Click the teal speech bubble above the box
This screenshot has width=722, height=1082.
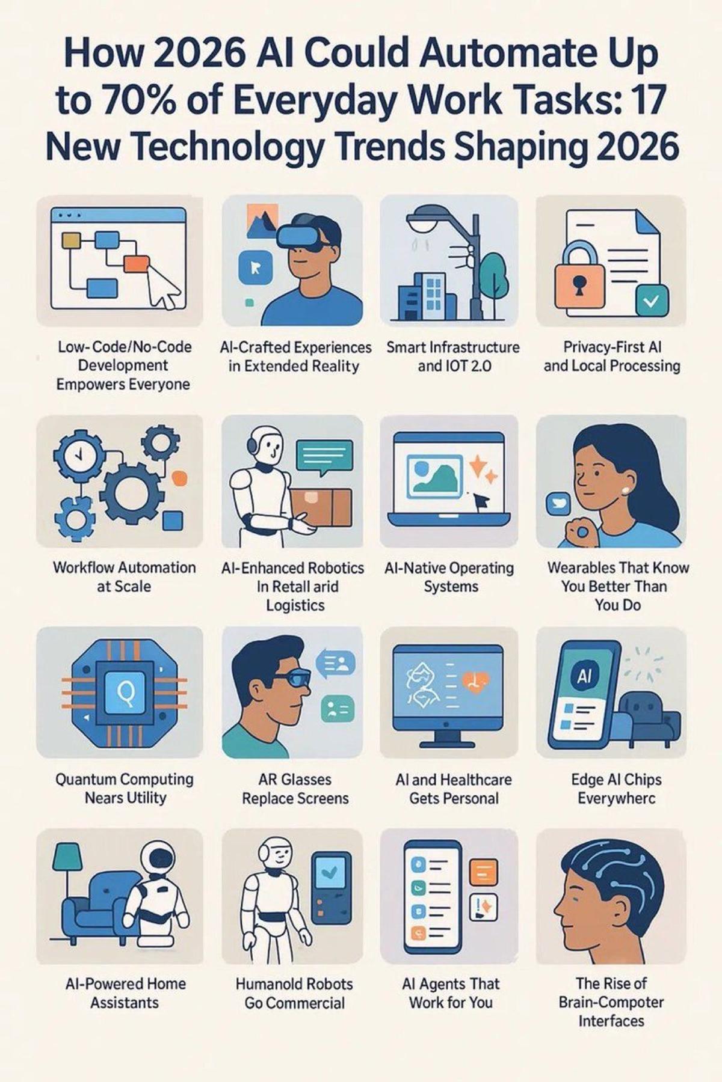click(324, 456)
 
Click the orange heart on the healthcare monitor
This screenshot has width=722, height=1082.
click(475, 681)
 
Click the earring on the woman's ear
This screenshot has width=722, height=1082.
click(625, 490)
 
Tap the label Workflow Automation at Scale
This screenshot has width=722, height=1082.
click(124, 576)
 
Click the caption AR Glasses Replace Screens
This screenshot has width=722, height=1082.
click(295, 789)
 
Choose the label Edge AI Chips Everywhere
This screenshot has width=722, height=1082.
click(616, 789)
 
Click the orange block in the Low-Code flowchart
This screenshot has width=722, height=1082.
click(136, 264)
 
